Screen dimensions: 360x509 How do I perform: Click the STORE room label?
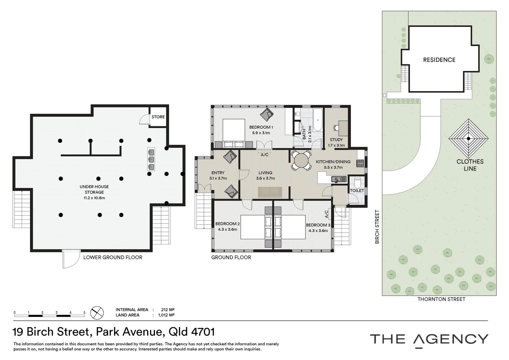click(x=158, y=117)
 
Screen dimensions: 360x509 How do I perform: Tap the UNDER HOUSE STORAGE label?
click(x=94, y=189)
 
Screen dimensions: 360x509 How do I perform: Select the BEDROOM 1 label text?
click(x=261, y=127)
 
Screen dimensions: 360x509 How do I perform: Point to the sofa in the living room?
click(x=270, y=192)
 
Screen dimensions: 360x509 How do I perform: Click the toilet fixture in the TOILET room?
click(x=357, y=182)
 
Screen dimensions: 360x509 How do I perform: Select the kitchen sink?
click(x=338, y=179)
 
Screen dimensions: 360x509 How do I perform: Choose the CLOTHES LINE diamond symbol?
click(x=468, y=138)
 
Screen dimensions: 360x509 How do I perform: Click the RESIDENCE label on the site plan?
click(x=439, y=60)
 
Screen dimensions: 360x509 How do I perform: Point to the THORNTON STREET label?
click(x=441, y=299)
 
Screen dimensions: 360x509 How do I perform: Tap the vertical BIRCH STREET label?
click(x=377, y=227)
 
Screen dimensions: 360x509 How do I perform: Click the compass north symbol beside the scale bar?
click(x=97, y=313)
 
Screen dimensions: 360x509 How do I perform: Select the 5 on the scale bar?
click(x=84, y=313)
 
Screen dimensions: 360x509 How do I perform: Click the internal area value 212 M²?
click(x=168, y=310)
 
